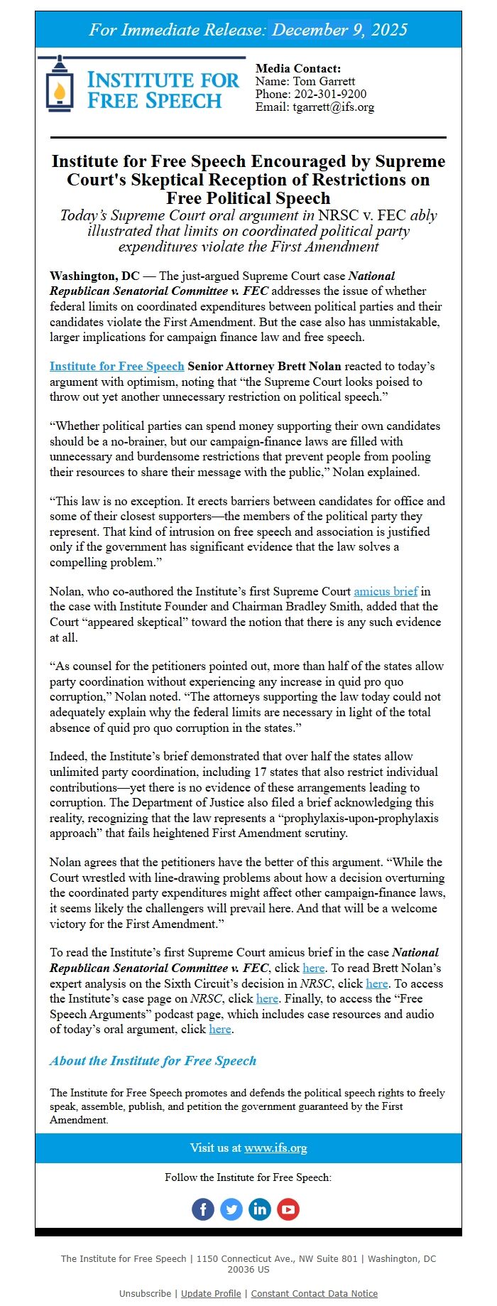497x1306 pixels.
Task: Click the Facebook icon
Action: pyautogui.click(x=203, y=1209)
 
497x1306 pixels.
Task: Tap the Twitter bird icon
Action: pyautogui.click(x=231, y=1209)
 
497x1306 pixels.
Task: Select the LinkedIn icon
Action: pyautogui.click(x=260, y=1209)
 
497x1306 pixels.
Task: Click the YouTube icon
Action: pyautogui.click(x=288, y=1209)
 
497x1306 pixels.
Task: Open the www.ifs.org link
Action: pyautogui.click(x=275, y=1148)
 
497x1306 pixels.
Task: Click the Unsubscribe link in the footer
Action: pyautogui.click(x=145, y=1293)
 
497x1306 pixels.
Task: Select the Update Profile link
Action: pyautogui.click(x=211, y=1293)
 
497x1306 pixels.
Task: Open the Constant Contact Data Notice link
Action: pyautogui.click(x=314, y=1293)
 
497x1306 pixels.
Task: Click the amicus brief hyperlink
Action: pyautogui.click(x=386, y=591)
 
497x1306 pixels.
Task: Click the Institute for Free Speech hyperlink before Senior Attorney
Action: pyautogui.click(x=117, y=367)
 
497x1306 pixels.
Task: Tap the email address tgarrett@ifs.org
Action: pyautogui.click(x=334, y=107)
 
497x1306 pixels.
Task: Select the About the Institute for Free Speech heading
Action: pyautogui.click(x=153, y=1061)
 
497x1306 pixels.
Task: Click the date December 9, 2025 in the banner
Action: pyautogui.click(x=340, y=30)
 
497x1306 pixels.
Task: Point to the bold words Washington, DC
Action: pyautogui.click(x=94, y=276)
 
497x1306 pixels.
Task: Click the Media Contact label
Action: pyautogui.click(x=298, y=69)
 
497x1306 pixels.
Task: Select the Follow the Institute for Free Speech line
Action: pyautogui.click(x=248, y=1177)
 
